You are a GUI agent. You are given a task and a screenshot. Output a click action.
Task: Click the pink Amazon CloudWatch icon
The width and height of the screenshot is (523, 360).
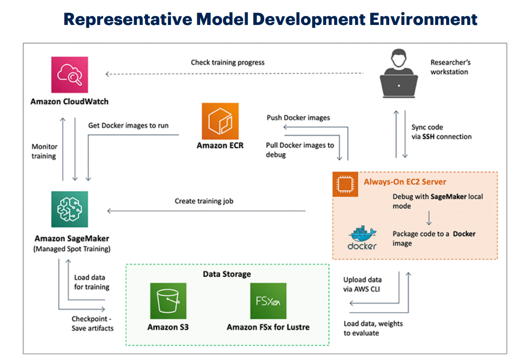pos(69,74)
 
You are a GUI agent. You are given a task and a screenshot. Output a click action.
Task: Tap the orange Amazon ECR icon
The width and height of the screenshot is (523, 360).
pos(220,121)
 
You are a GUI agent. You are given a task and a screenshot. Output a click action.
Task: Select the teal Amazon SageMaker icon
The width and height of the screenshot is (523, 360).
pos(69,209)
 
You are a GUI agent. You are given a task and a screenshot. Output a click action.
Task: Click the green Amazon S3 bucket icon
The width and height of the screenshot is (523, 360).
pos(168,301)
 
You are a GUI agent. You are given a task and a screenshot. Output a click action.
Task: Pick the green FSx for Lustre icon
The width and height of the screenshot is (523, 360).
pos(268,301)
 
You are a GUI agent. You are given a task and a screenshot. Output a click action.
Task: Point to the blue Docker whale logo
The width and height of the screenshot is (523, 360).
pos(362,237)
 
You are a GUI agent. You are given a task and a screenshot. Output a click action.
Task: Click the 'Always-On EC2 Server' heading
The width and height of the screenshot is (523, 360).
pos(405,182)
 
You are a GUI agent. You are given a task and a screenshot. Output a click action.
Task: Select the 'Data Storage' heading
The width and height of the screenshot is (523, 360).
pos(227,274)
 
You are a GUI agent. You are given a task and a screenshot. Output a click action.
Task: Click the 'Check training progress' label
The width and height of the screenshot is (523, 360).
pos(228,63)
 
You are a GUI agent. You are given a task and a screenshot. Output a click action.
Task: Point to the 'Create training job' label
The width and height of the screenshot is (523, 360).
pos(204,201)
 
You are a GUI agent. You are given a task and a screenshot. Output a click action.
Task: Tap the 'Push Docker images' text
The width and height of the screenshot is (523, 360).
pos(298,118)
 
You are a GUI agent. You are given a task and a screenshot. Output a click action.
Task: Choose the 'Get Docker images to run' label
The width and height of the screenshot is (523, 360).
pos(128,126)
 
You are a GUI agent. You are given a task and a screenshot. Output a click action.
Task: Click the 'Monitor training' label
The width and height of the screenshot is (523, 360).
pos(44,151)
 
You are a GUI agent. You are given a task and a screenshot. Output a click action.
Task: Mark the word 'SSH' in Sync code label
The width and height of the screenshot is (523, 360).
pos(431,137)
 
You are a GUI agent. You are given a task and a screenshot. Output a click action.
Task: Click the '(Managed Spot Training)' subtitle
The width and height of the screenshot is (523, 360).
pos(72,249)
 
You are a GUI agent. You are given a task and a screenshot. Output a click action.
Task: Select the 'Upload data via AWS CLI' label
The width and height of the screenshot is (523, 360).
pos(362,284)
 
